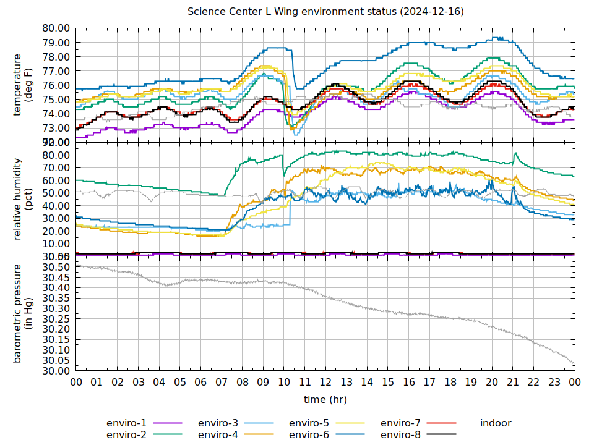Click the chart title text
[326, 12]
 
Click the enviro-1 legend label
[126, 423]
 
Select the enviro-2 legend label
[126, 435]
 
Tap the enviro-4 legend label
[218, 435]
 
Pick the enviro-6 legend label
[309, 435]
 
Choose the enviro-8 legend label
[400, 435]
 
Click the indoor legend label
[496, 423]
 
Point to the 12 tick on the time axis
[325, 383]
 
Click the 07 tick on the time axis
[222, 383]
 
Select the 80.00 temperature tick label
[56, 28]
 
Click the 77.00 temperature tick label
[56, 71]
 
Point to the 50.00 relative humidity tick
[56, 193]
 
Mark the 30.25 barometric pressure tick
[56, 319]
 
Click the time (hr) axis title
[325, 400]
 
